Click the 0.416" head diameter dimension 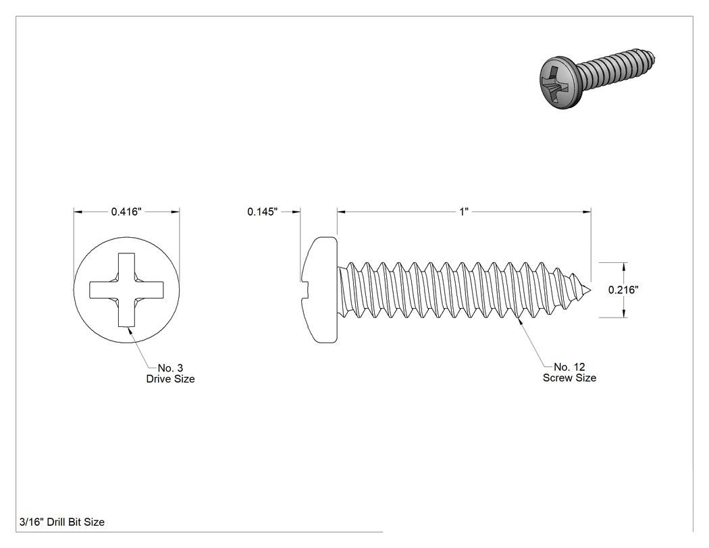point(126,211)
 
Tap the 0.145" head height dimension point(262,211)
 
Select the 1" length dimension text point(464,211)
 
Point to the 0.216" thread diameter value point(623,290)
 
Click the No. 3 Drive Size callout point(170,373)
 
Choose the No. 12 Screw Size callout point(569,372)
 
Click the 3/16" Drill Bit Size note point(62,522)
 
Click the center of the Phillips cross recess point(127,290)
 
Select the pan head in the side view point(319,290)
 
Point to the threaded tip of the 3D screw point(649,58)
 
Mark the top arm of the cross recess point(127,267)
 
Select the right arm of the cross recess point(149,290)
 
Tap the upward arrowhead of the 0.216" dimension point(624,267)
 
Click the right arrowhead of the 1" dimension point(587,211)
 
